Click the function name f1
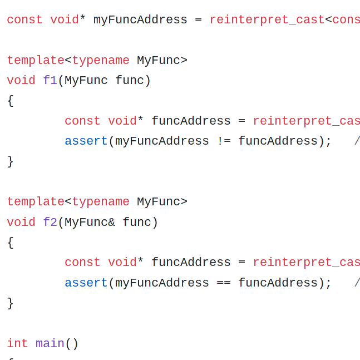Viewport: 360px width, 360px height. (x=50, y=81)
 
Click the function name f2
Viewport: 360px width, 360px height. (x=50, y=223)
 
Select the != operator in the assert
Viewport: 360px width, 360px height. (x=224, y=141)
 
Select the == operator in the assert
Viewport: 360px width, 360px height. (x=224, y=283)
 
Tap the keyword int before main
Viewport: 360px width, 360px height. (x=17, y=344)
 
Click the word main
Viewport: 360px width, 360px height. (x=50, y=344)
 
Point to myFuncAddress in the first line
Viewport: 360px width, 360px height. (x=140, y=20)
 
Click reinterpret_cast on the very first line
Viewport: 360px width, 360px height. (x=267, y=20)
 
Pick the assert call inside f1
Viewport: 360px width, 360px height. (x=86, y=141)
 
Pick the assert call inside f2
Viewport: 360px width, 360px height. (x=86, y=283)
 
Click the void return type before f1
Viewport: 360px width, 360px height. (x=21, y=81)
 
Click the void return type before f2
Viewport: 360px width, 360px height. (x=21, y=223)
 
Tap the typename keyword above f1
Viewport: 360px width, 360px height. (x=101, y=61)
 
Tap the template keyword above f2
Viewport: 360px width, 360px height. (x=36, y=202)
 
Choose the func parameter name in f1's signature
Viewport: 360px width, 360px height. (x=130, y=81)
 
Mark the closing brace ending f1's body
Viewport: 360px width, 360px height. (x=10, y=161)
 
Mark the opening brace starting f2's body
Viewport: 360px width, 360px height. (x=10, y=243)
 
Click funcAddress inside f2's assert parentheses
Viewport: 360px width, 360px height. (x=278, y=283)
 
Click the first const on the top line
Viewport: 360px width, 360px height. (x=24, y=20)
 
